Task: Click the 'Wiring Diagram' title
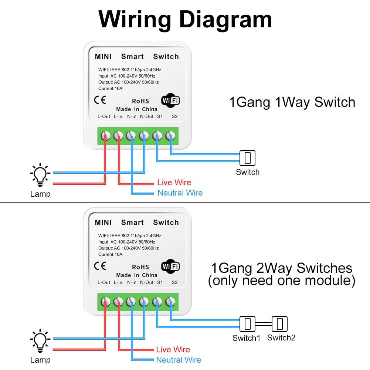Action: click(185, 19)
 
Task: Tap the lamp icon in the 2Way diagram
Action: click(40, 341)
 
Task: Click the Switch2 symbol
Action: click(279, 324)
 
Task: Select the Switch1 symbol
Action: click(247, 324)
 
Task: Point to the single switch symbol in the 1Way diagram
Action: click(247, 158)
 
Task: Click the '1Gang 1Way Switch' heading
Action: click(292, 102)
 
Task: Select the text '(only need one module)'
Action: click(281, 281)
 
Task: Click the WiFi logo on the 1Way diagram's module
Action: click(170, 101)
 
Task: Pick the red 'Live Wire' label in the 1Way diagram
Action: click(174, 183)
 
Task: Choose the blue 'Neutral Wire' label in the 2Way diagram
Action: click(179, 360)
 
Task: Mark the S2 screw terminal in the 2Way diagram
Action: click(170, 302)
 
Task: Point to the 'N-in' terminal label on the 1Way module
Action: click(132, 116)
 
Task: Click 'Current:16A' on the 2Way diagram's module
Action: click(110, 254)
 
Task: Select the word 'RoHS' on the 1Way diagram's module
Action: click(140, 101)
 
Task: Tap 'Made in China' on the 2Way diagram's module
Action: click(137, 275)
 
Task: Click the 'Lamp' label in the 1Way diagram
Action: click(40, 194)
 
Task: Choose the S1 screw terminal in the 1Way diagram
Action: click(157, 136)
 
